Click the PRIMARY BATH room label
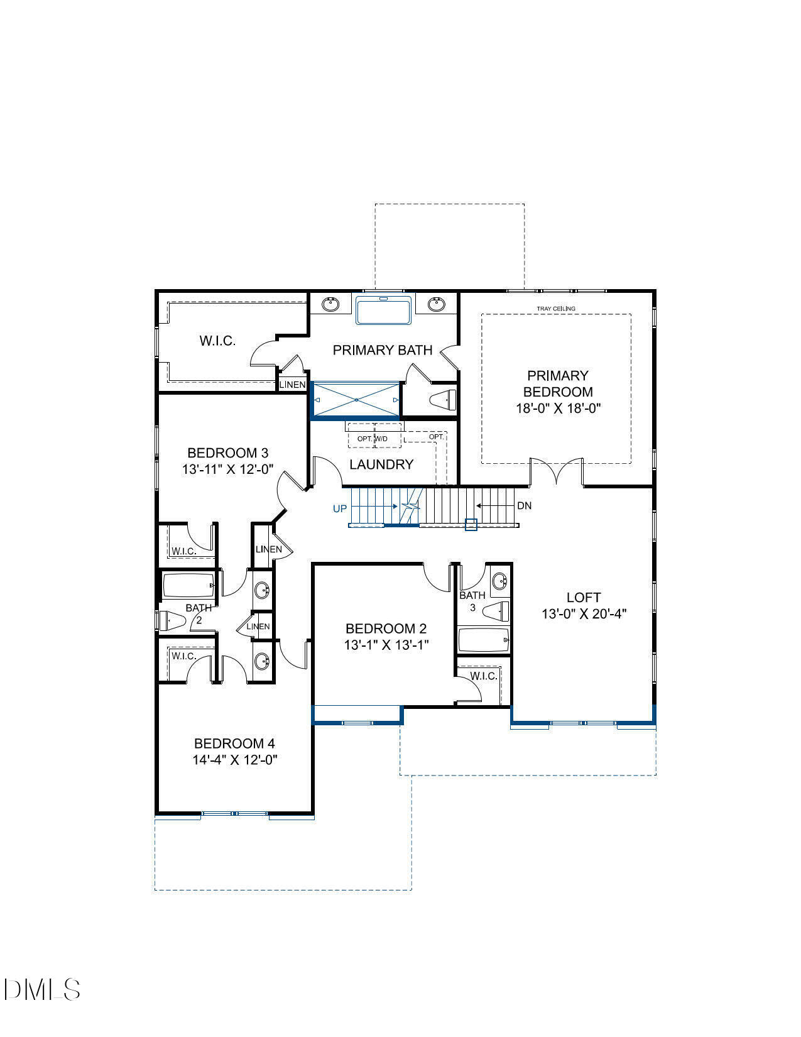(x=382, y=350)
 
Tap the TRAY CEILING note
(x=555, y=309)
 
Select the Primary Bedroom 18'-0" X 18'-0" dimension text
(x=558, y=408)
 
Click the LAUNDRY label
(x=381, y=464)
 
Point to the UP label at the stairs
(x=339, y=508)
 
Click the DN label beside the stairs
(x=524, y=506)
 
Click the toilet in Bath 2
(x=172, y=621)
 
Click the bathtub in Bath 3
(x=483, y=640)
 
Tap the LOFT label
(x=584, y=598)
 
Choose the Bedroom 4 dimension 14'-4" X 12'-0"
(x=235, y=760)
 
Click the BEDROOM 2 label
(x=386, y=628)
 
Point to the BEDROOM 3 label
(x=228, y=453)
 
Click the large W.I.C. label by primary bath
(x=217, y=341)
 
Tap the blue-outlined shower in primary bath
(x=356, y=400)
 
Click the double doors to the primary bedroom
(x=557, y=471)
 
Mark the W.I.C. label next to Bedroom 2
(x=484, y=676)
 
